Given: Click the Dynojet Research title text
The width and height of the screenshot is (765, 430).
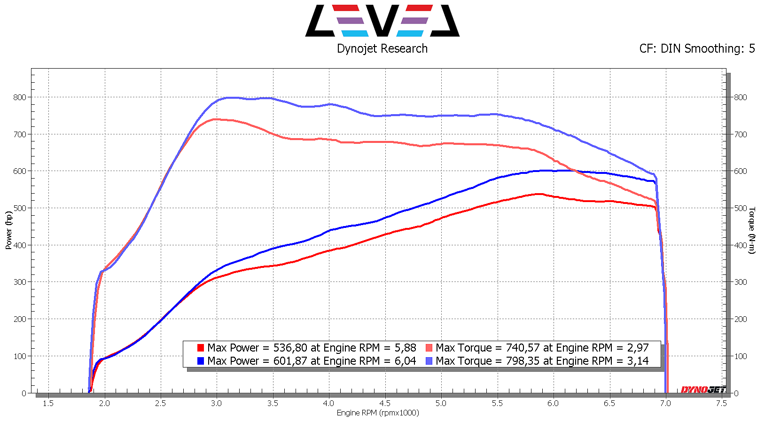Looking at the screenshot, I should pyautogui.click(x=382, y=48).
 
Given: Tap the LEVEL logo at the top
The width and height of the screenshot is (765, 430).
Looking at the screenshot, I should pyautogui.click(x=382, y=21).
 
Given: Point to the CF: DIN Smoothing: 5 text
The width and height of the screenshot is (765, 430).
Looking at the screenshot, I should pyautogui.click(x=697, y=48).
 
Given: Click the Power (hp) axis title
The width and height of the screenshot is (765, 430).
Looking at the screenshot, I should pyautogui.click(x=9, y=230).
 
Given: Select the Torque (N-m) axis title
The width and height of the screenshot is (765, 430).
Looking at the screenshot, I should pyautogui.click(x=752, y=230).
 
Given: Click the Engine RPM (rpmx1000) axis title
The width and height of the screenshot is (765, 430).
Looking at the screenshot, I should pyautogui.click(x=378, y=413).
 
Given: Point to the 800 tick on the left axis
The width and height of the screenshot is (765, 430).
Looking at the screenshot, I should pyautogui.click(x=20, y=97).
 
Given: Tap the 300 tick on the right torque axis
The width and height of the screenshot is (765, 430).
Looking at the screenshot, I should pyautogui.click(x=741, y=282).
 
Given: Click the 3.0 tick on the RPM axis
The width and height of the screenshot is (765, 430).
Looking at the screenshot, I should pyautogui.click(x=216, y=403).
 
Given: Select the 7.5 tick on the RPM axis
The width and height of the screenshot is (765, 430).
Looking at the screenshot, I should pyautogui.click(x=721, y=403).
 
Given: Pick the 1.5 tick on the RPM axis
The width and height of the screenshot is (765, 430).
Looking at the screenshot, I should pyautogui.click(x=48, y=403).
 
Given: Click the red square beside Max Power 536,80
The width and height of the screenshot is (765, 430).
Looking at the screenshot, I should pyautogui.click(x=201, y=348).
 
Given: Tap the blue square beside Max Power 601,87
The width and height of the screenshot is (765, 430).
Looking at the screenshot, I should pyautogui.click(x=201, y=361).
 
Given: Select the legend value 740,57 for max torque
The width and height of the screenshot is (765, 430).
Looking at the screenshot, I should pyautogui.click(x=523, y=348).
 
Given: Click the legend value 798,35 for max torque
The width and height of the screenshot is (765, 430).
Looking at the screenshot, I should pyautogui.click(x=523, y=361).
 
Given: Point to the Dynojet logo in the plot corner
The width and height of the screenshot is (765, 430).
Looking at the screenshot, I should pyautogui.click(x=703, y=390).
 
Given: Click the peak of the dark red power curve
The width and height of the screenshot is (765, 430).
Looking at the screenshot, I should pyautogui.click(x=539, y=194).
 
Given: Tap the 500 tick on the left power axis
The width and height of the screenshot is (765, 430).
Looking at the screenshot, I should pyautogui.click(x=20, y=208).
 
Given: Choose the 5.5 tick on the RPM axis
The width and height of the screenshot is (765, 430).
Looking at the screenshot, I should pyautogui.click(x=497, y=403).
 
